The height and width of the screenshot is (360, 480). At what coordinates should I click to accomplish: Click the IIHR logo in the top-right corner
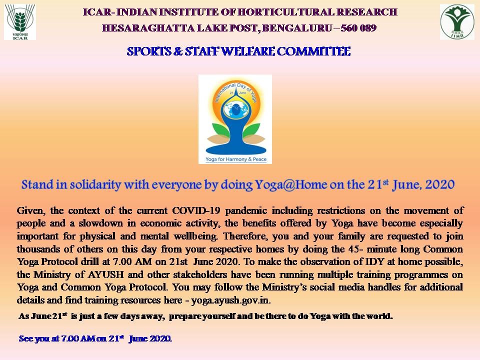(456, 21)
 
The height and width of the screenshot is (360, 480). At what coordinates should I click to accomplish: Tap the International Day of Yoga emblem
(235, 118)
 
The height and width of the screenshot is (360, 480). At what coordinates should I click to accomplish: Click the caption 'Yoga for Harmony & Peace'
(235, 159)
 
